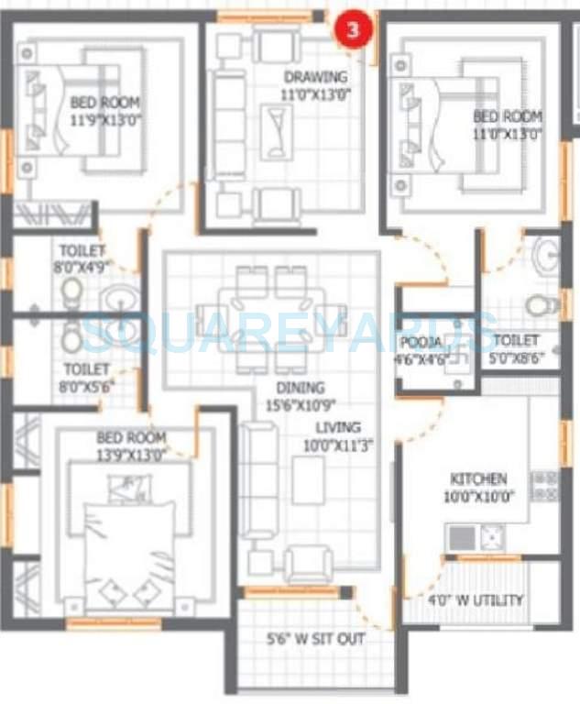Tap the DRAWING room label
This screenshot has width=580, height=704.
coord(315,77)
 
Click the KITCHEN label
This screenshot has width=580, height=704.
coord(478,479)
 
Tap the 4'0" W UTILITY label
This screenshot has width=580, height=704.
coord(476,600)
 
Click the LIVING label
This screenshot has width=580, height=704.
coord(338,427)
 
